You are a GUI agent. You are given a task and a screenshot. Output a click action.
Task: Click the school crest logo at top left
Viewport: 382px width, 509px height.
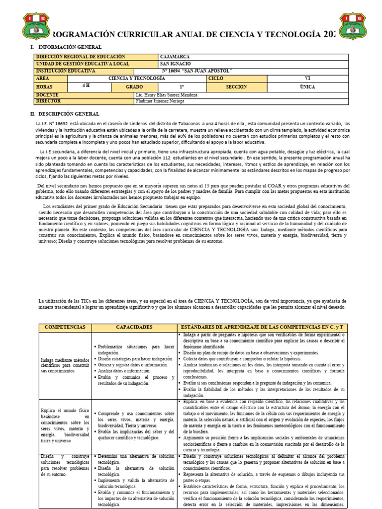pos(37,26)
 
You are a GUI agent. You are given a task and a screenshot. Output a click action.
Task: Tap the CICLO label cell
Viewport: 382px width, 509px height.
pos(216,79)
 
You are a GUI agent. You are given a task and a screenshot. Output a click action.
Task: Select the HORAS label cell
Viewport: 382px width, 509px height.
pos(44,86)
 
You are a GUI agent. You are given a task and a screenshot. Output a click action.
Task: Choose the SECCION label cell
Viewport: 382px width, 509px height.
pos(236,86)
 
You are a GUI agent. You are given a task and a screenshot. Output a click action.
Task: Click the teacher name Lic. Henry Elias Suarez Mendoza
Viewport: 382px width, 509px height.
pos(167,94)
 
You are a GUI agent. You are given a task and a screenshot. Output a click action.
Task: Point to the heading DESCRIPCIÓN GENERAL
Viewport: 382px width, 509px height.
pos(70,114)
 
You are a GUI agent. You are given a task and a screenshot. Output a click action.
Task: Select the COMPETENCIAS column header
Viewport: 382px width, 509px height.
pos(65,328)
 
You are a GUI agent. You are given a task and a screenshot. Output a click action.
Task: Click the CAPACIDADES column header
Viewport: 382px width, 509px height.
pos(134,328)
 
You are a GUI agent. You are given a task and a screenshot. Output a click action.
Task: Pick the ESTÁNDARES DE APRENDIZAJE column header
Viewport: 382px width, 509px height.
pos(263,328)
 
